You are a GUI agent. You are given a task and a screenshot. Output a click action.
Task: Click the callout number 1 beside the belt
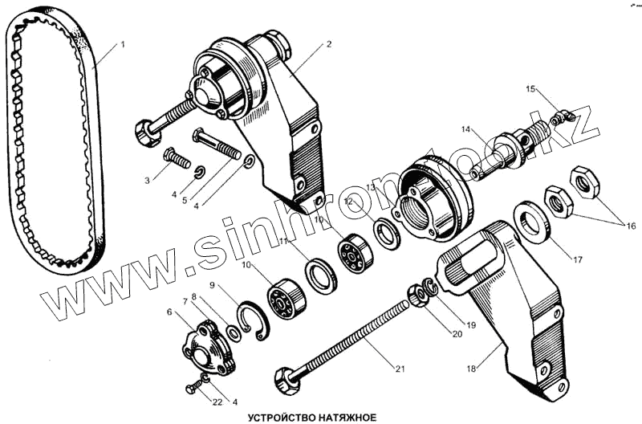(x=123, y=45)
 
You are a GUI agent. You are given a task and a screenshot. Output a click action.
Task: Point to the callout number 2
(x=328, y=45)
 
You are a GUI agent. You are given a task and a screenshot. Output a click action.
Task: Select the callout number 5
(x=185, y=200)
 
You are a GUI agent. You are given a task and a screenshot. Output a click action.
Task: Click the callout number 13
(x=371, y=187)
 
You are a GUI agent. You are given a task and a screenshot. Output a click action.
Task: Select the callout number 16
(x=632, y=226)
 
